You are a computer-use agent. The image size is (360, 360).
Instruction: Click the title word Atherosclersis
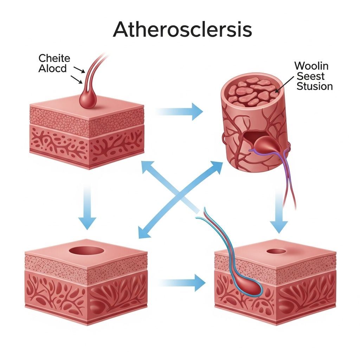[x=182, y=30]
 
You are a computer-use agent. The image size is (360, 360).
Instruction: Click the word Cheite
[x=54, y=58]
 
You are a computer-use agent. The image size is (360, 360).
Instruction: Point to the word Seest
[x=310, y=76]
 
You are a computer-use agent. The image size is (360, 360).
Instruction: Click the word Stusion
[x=314, y=86]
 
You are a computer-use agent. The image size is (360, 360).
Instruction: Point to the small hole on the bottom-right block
[x=277, y=251]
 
